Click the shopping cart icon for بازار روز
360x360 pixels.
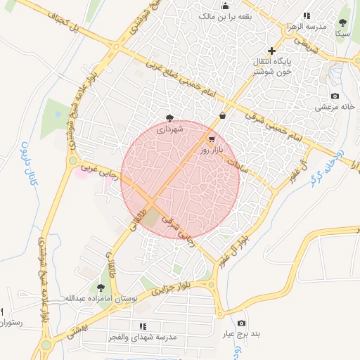[212, 139]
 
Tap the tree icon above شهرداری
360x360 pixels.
[169, 117]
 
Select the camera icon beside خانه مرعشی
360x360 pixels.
[335, 96]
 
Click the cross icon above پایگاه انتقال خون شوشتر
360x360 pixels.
[271, 50]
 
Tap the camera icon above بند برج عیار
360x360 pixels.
[241, 323]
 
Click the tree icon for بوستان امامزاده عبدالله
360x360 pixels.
[101, 287]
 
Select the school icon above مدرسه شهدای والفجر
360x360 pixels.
[143, 326]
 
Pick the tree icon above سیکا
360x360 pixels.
[343, 22]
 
